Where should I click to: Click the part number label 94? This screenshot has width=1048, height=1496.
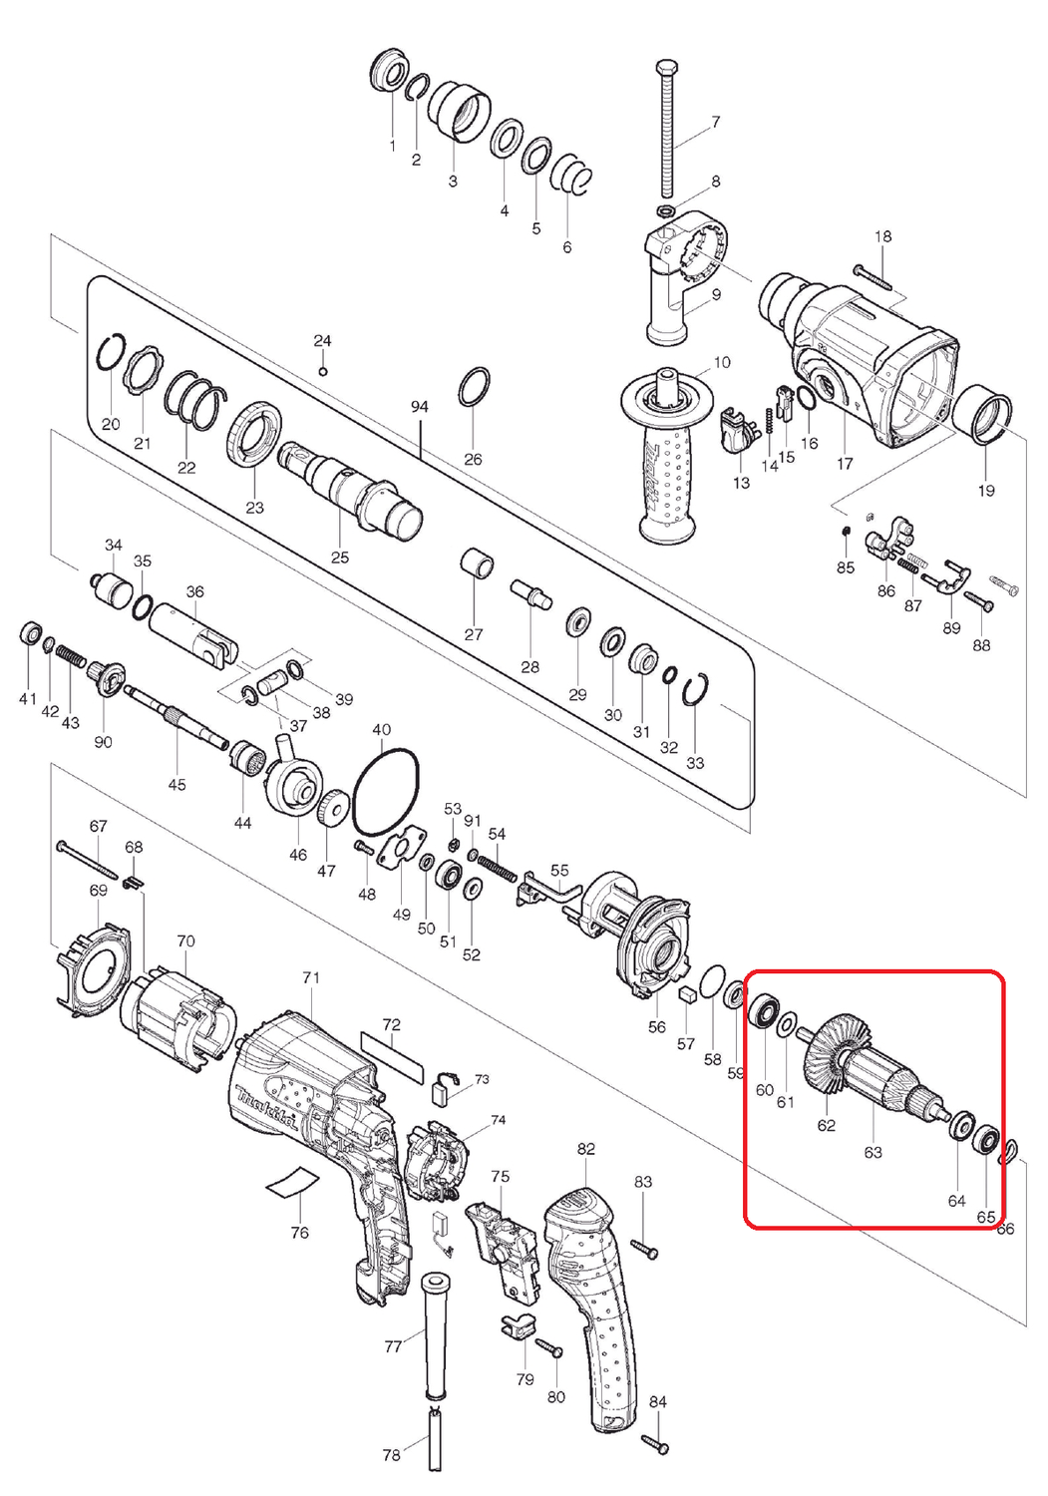419,407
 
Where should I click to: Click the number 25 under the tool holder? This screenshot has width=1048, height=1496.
339,557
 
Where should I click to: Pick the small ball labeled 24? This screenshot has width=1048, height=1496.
323,371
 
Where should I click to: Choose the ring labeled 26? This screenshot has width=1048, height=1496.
475,386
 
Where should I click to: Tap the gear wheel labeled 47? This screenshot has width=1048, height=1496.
332,811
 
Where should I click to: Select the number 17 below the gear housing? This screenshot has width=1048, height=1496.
845,463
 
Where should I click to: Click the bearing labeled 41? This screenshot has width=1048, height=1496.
31,633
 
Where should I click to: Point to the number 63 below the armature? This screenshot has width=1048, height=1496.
873,1152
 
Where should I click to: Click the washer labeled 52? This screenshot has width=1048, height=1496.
475,889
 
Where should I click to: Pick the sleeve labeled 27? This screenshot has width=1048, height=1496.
479,563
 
